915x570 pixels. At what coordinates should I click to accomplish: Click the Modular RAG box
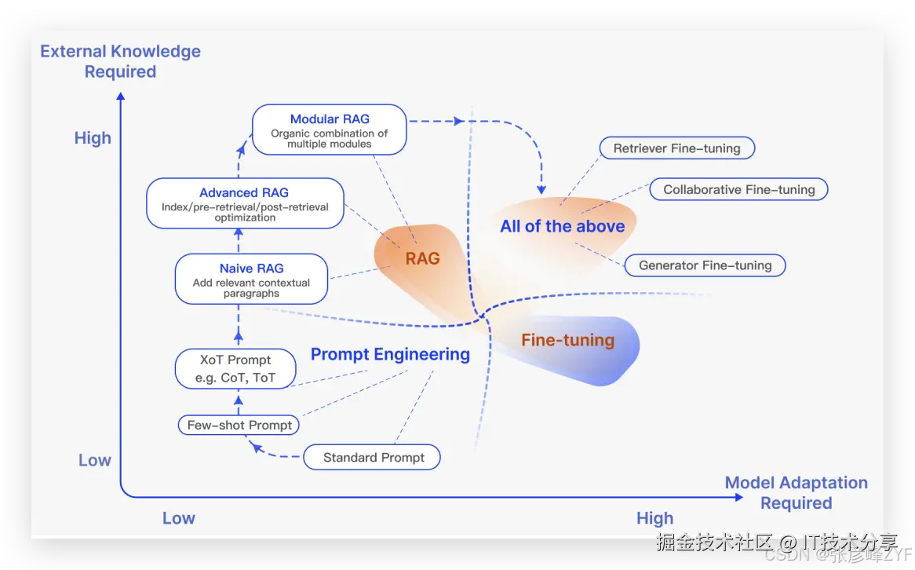point(330,130)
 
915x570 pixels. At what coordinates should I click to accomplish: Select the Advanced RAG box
point(245,203)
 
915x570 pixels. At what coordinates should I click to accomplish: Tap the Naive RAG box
point(251,279)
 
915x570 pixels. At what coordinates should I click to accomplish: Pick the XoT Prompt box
point(235,368)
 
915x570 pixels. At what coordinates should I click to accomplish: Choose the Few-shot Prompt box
point(239,426)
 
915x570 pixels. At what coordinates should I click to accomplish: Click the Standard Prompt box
point(373,458)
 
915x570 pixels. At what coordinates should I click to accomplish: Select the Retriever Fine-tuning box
point(676,148)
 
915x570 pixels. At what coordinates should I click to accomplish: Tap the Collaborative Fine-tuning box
point(738,189)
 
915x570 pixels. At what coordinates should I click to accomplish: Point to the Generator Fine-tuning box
point(705,265)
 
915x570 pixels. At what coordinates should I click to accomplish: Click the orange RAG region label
point(422,258)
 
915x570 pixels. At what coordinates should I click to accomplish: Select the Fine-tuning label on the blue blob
point(567,340)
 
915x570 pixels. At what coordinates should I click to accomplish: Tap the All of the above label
point(563,226)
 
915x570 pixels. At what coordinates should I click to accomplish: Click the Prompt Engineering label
point(390,354)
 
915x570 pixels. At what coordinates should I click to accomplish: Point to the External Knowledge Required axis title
point(120,61)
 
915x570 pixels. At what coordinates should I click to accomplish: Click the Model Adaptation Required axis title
point(796,492)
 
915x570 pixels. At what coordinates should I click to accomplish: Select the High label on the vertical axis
point(93,138)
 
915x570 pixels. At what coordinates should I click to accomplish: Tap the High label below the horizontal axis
point(654,518)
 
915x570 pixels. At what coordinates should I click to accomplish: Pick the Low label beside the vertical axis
point(94,461)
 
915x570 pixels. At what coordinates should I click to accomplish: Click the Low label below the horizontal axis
point(178,518)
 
